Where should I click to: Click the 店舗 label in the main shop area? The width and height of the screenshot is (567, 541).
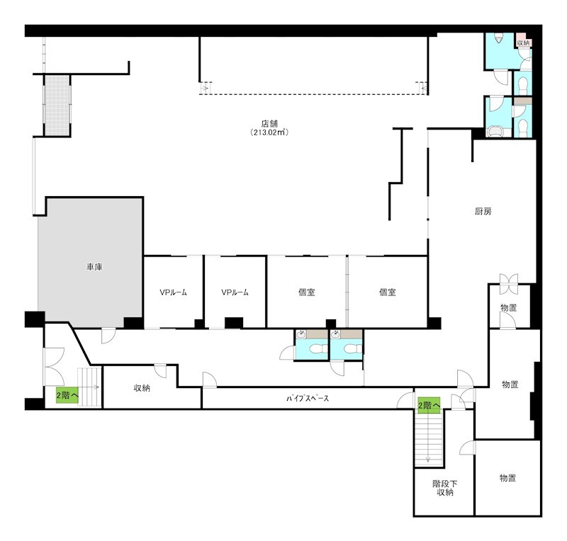point(269,124)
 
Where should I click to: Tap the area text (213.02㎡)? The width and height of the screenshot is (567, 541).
point(269,132)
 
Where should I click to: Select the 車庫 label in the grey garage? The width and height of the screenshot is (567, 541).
point(94,267)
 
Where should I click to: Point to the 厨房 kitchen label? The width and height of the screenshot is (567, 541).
point(483,211)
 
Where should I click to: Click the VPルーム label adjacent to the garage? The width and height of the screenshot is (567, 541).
point(173,292)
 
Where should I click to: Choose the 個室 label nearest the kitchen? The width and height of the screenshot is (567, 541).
point(387,292)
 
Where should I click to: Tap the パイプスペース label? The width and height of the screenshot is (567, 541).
point(308,399)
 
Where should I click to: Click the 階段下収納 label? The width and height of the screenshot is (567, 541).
point(445,488)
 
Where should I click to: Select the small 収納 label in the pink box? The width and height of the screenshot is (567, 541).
point(523,42)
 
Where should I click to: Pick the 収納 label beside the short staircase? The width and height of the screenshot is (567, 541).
point(142,388)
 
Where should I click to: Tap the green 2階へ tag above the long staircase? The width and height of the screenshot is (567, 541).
point(429,406)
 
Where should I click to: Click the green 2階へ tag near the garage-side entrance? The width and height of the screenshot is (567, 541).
point(67,395)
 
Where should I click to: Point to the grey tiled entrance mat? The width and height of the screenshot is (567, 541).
point(57,105)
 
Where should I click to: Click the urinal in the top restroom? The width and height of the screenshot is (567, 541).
point(499,38)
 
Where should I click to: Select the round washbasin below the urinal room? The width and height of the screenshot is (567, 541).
point(495,132)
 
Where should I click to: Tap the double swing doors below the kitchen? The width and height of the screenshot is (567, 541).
point(509,284)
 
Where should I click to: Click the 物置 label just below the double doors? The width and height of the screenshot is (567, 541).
point(508,308)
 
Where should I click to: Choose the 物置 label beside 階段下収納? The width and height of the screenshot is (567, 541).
point(507,478)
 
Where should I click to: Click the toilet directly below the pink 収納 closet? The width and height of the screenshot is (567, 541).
point(523,86)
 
